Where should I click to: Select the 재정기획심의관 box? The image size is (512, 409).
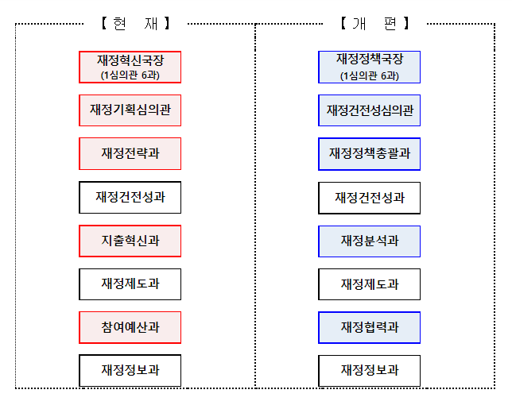point(130,110)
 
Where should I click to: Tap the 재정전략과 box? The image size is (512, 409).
point(130,153)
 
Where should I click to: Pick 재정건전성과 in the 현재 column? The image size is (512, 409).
point(130,197)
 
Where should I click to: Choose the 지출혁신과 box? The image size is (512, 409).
point(130,241)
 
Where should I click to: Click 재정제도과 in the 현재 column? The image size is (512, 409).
point(130,284)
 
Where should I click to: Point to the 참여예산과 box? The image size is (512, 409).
point(130,327)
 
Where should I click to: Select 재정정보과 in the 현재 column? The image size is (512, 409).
point(130,370)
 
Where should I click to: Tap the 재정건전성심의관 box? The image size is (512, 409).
point(370,110)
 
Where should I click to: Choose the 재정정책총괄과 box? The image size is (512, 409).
point(370,153)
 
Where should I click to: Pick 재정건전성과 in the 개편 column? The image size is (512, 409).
point(370,198)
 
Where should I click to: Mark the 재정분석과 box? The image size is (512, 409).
point(370,241)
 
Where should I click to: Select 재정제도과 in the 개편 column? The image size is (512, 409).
point(370,284)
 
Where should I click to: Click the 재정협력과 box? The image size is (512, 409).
point(370,327)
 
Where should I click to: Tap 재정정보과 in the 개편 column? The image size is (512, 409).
point(370,371)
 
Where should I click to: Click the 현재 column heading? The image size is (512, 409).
point(136,24)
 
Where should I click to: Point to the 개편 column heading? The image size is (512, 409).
point(375,24)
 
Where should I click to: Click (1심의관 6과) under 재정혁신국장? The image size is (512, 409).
point(130,75)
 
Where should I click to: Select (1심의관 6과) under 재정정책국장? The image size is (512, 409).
point(370,76)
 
